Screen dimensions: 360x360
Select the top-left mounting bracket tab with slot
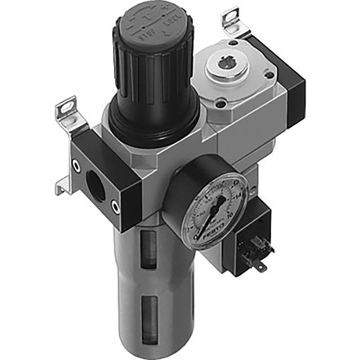[67, 107]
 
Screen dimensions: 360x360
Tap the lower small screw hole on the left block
[116, 206]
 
